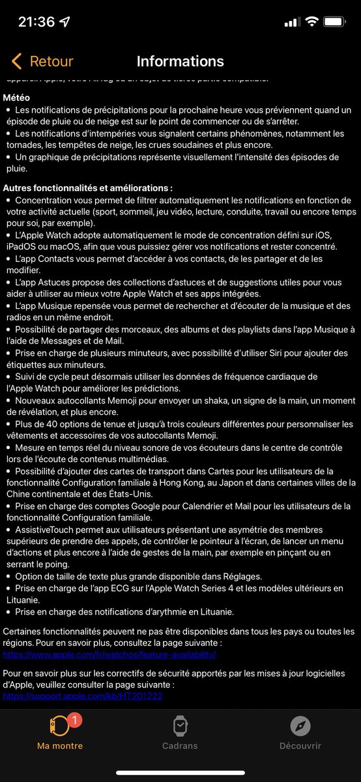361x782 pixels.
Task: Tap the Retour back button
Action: pos(42,61)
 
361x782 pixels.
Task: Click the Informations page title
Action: pos(180,61)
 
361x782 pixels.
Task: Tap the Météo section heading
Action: pos(16,97)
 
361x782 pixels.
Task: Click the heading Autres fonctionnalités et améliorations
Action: pos(88,188)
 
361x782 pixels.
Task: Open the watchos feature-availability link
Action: pos(109,654)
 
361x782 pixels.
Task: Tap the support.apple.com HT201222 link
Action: pos(83,696)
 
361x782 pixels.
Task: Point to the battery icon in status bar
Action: pos(335,22)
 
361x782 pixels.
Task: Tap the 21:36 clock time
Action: pos(36,22)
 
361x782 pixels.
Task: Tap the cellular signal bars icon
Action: pos(291,22)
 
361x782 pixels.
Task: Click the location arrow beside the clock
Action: pos(65,22)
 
